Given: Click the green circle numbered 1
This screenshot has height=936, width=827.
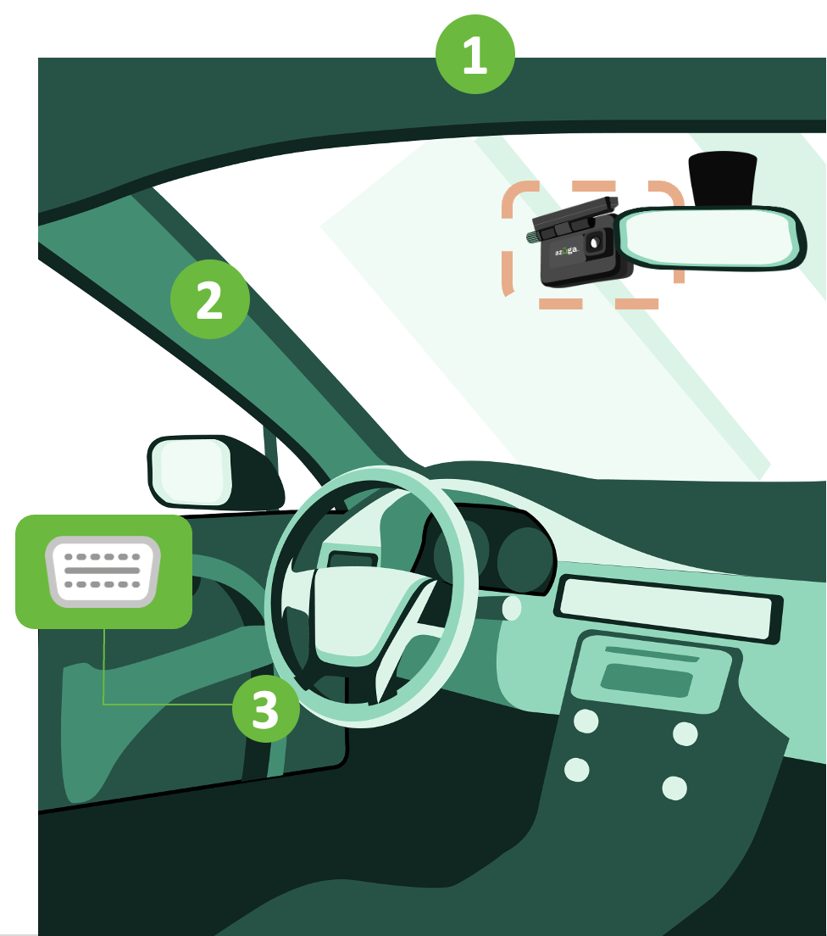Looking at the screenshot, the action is tap(475, 54).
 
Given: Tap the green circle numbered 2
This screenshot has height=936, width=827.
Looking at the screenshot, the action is tap(210, 299).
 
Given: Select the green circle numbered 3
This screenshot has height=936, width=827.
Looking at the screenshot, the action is tap(265, 709).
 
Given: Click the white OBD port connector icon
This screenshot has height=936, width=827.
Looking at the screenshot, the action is tap(103, 571).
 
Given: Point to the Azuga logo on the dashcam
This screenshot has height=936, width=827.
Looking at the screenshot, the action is tap(566, 251).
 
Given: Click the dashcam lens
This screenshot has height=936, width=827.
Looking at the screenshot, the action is tap(594, 243).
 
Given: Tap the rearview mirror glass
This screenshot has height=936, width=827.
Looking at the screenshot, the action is tap(710, 237).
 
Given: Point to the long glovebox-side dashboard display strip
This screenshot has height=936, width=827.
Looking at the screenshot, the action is tap(668, 609).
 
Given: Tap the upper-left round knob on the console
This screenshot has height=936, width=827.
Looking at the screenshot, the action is tap(586, 721).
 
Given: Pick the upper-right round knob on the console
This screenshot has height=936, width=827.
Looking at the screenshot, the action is tap(685, 733).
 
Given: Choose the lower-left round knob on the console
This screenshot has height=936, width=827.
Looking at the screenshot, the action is tap(577, 770).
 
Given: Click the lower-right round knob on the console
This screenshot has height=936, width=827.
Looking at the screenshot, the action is tap(674, 788).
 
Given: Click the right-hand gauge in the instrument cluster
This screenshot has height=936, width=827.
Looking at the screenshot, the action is tap(525, 560).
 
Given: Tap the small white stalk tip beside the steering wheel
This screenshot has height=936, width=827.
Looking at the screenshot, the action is tap(511, 608).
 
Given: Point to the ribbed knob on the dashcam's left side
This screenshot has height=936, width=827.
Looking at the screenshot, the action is tap(531, 237).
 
